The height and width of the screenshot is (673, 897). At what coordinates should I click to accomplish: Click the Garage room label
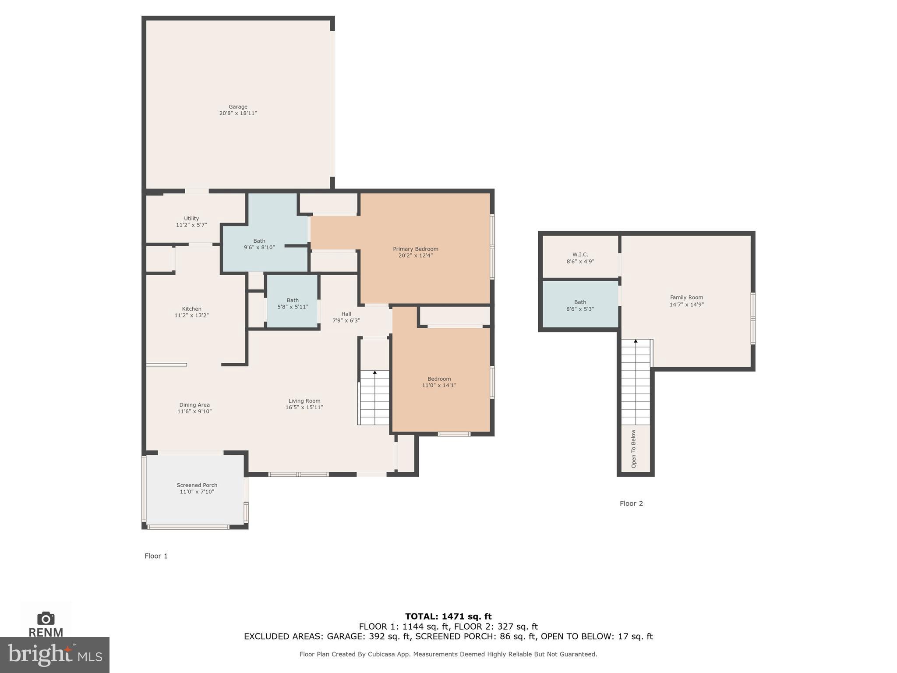pyautogui.click(x=238, y=107)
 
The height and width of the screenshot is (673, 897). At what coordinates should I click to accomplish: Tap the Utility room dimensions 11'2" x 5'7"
pyautogui.click(x=191, y=225)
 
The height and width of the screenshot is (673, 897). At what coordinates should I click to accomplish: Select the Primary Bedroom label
pyautogui.click(x=415, y=249)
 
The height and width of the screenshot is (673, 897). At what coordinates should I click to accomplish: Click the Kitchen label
pyautogui.click(x=191, y=309)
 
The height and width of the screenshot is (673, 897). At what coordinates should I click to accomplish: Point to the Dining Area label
pyautogui.click(x=194, y=405)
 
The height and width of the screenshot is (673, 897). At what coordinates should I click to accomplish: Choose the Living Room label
pyautogui.click(x=304, y=401)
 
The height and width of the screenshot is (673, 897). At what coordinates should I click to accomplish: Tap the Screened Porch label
pyautogui.click(x=197, y=485)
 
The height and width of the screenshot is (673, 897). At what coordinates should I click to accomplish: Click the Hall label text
pyautogui.click(x=346, y=314)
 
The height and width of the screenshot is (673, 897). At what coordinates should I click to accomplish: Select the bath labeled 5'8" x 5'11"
pyautogui.click(x=293, y=304)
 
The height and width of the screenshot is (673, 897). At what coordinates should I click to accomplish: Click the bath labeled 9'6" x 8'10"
pyautogui.click(x=259, y=244)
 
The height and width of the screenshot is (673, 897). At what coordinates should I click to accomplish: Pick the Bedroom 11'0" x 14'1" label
pyautogui.click(x=439, y=382)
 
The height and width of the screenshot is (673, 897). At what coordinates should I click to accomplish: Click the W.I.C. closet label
pyautogui.click(x=580, y=255)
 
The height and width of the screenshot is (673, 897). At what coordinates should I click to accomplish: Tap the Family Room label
pyautogui.click(x=686, y=298)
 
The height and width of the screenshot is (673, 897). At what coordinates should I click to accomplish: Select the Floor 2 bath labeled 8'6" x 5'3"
pyautogui.click(x=580, y=305)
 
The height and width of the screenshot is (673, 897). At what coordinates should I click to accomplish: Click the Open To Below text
pyautogui.click(x=633, y=449)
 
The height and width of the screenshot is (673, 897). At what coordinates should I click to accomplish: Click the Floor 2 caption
pyautogui.click(x=631, y=503)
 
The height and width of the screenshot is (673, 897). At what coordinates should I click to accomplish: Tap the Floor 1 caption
pyautogui.click(x=156, y=556)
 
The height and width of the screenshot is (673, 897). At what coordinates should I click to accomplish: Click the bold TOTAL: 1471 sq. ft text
pyautogui.click(x=448, y=616)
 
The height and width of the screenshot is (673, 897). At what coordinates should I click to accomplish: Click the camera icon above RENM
pyautogui.click(x=46, y=619)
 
